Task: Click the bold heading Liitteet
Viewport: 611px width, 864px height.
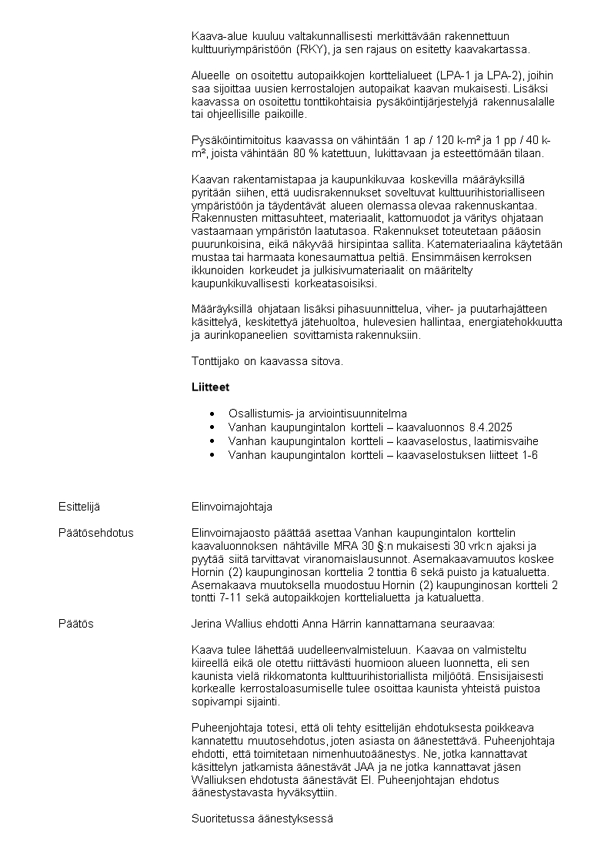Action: (x=210, y=387)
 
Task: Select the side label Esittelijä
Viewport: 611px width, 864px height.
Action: (x=79, y=507)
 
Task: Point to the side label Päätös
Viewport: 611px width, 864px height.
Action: (x=76, y=624)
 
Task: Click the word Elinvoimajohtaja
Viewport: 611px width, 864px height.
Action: (x=232, y=507)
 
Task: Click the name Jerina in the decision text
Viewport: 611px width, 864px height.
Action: (x=205, y=624)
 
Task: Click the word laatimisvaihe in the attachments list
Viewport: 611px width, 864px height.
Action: (x=505, y=441)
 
